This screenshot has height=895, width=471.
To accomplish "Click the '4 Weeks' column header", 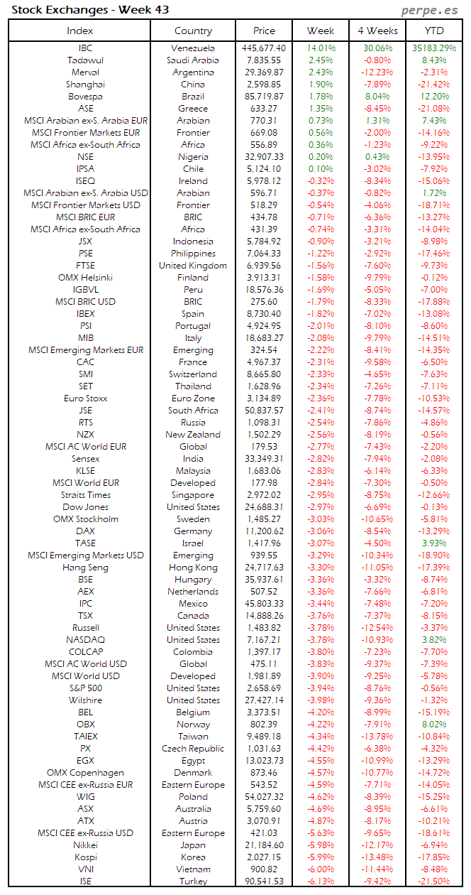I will pyautogui.click(x=377, y=31).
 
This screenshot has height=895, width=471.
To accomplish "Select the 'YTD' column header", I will pyautogui.click(x=434, y=31).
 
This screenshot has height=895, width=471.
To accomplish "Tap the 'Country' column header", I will pyautogui.click(x=193, y=31).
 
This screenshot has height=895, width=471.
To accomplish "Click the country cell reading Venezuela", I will pyautogui.click(x=193, y=48).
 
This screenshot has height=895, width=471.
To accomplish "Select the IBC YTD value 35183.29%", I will pyautogui.click(x=434, y=48).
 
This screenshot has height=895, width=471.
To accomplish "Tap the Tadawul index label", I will pyautogui.click(x=85, y=60).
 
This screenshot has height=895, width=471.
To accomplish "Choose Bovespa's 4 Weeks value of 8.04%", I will pyautogui.click(x=377, y=97).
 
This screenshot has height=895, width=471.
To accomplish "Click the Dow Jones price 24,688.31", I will pyautogui.click(x=264, y=507).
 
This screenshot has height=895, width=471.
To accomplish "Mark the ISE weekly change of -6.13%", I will pyautogui.click(x=321, y=882).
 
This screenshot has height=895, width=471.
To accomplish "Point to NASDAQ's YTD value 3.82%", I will pyautogui.click(x=434, y=640).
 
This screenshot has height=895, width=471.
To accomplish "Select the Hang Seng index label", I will pyautogui.click(x=85, y=568).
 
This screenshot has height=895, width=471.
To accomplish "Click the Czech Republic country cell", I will pyautogui.click(x=193, y=749).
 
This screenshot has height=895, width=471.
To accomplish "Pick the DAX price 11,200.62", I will pyautogui.click(x=264, y=531).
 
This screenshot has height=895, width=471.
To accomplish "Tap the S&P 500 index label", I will pyautogui.click(x=85, y=688).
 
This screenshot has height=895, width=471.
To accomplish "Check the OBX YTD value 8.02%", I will pyautogui.click(x=434, y=725).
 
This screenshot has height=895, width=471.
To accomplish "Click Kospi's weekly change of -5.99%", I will pyautogui.click(x=321, y=857).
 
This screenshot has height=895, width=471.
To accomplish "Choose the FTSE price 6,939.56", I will pyautogui.click(x=264, y=266).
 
